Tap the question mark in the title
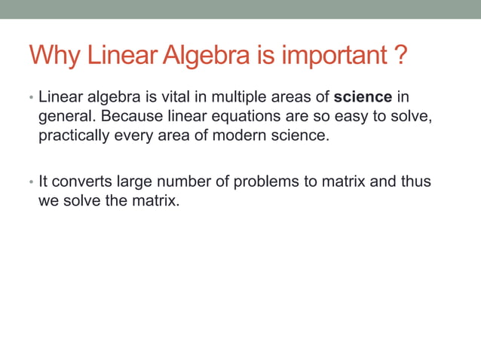[x=402, y=55]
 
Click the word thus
[x=416, y=182]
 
